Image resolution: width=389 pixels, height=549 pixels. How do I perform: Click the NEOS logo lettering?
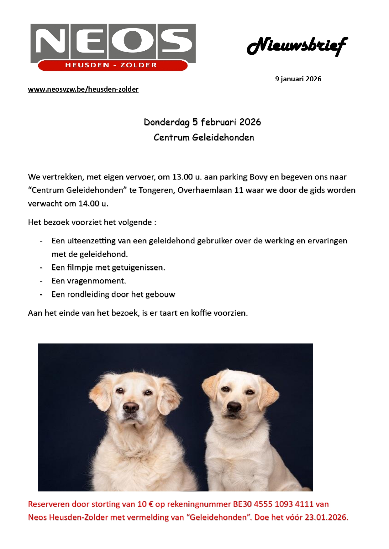click(113, 41)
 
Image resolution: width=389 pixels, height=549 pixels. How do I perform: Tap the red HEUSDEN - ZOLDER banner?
click(111, 65)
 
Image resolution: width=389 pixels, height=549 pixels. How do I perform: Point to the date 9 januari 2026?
click(298, 79)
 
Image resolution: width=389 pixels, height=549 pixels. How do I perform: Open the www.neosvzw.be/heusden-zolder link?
click(83, 89)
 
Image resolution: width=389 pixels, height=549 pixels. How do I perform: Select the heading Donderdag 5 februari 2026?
click(202, 122)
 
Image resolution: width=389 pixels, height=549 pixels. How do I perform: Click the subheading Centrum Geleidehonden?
click(204, 137)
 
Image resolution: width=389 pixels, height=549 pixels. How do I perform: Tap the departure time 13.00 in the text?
click(182, 177)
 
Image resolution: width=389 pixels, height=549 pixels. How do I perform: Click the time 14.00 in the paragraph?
click(89, 204)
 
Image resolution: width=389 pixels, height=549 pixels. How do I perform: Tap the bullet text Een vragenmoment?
click(89, 281)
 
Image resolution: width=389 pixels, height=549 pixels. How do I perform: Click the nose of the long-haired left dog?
click(130, 407)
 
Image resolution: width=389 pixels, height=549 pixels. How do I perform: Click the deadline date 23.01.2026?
click(326, 517)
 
